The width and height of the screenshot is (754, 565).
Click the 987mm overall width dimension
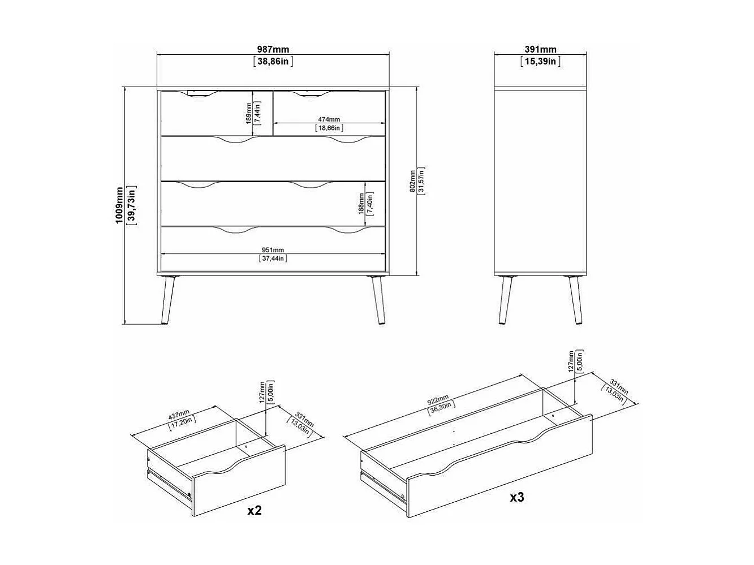click(273, 50)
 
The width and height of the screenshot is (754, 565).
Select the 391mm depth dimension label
click(540, 50)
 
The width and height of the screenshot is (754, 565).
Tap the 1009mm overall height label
click(119, 206)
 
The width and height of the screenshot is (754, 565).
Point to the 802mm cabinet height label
click(412, 181)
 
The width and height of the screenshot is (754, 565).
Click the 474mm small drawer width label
click(329, 119)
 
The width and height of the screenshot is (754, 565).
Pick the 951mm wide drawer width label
click(273, 250)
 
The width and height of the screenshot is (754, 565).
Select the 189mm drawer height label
click(248, 113)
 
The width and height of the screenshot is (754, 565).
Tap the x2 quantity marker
click(255, 510)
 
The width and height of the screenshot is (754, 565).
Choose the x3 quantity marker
click(517, 497)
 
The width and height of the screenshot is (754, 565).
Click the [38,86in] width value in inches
click(273, 62)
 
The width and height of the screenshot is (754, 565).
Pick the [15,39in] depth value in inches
click(540, 62)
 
